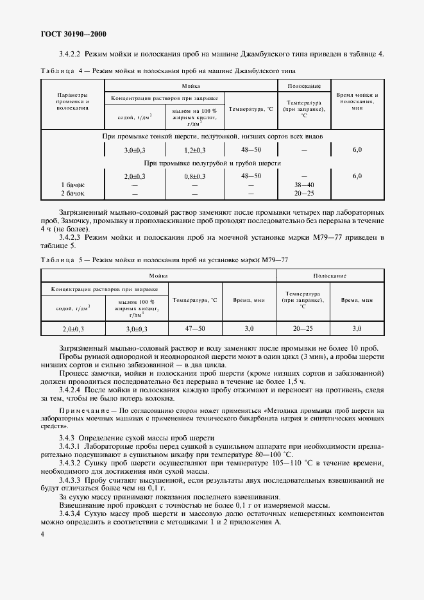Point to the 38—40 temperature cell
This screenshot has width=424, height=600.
coord(303,184)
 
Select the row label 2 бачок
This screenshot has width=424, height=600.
coord(72,192)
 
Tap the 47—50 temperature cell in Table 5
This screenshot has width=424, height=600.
coord(195,328)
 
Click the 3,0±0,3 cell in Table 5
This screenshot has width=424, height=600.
coord(136,328)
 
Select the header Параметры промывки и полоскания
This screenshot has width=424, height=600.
coord(72,101)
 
